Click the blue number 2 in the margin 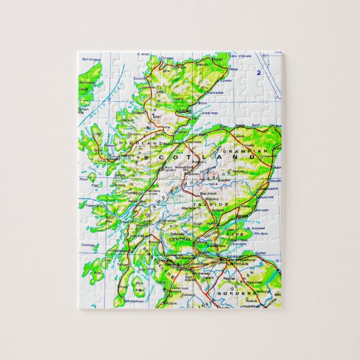(259, 73)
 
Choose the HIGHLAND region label (133, 144)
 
